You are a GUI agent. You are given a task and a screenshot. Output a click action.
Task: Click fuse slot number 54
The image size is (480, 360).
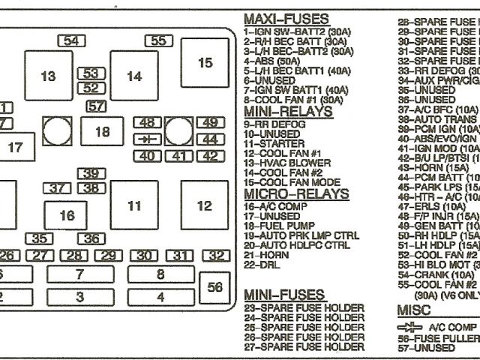coord(70,41)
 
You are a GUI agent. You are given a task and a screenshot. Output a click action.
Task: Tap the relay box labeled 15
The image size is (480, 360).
coord(205,63)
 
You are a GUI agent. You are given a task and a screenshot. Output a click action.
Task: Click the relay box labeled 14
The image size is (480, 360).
coord(133,76)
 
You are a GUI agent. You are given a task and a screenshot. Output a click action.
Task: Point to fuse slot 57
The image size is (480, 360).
coord(95,106)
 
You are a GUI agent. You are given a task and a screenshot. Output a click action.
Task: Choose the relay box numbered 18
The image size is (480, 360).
coord(102,132)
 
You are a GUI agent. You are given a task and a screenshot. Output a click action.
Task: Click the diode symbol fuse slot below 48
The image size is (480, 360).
coord(148,139)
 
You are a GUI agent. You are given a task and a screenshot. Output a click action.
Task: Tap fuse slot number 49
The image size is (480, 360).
coord(210,122)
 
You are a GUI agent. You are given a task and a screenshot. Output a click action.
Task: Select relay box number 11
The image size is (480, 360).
coord(133,205)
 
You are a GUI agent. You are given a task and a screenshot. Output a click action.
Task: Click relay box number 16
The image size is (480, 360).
coord(67,216)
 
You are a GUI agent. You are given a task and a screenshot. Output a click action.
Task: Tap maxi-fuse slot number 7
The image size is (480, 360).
coord(79,274)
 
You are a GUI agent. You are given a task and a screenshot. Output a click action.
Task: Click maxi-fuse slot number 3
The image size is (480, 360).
coord(79,297)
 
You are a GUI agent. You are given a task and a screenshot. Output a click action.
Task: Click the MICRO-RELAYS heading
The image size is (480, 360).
coord(296,193)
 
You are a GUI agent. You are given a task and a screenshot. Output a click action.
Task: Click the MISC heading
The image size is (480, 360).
coord(412,310)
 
